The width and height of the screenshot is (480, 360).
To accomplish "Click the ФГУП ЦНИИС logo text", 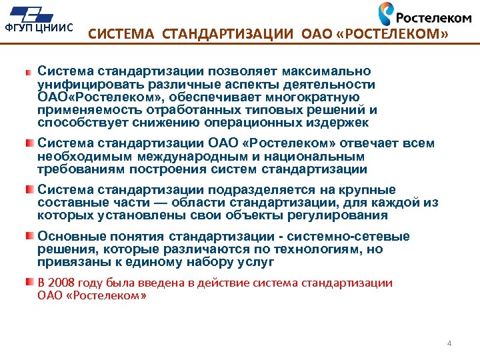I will [39, 28].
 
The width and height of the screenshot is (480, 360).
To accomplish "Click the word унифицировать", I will [82, 85].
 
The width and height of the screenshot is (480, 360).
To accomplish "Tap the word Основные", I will [68, 237].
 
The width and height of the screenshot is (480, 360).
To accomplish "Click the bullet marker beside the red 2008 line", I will [29, 283].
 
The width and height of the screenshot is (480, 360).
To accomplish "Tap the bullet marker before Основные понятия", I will [29, 237].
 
